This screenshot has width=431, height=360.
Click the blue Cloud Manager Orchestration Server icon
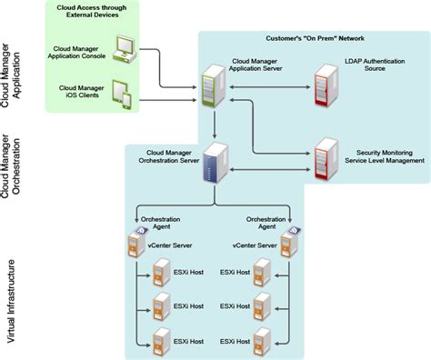(x=215, y=165)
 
